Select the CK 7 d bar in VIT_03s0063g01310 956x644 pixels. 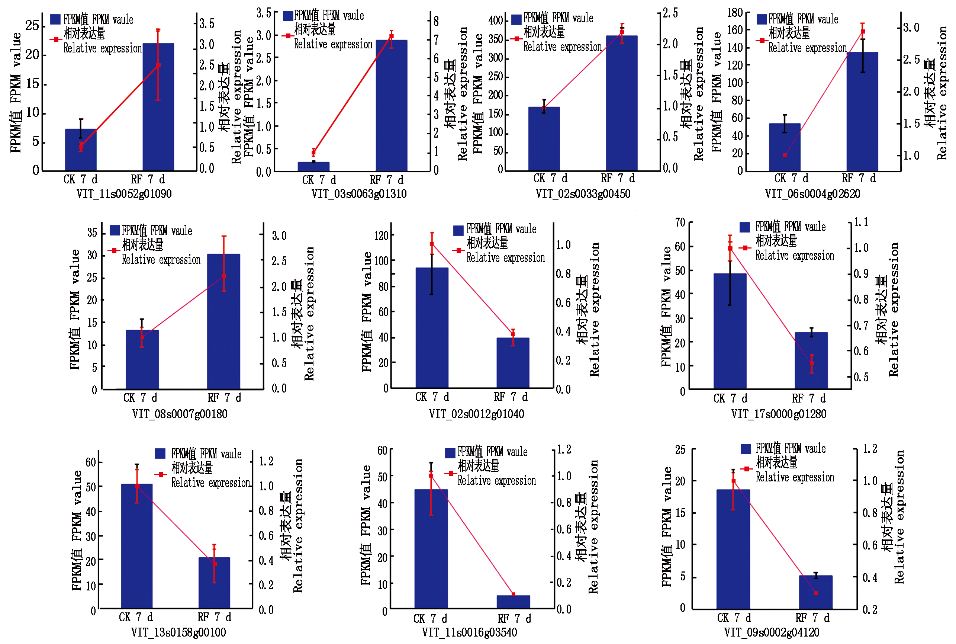313,166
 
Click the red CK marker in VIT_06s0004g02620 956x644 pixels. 785,156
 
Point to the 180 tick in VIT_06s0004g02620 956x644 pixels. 735,13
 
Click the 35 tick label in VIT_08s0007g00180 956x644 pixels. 92,233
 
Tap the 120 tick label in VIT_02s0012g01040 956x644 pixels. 382,236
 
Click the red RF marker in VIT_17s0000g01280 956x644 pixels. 811,363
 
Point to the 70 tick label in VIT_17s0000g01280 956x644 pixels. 680,222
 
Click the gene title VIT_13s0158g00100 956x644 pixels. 178,632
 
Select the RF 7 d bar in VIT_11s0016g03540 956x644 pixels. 513,602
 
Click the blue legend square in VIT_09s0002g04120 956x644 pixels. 746,449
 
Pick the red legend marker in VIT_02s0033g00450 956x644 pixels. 517,39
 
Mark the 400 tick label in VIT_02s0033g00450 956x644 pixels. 495,20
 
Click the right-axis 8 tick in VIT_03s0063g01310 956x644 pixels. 436,21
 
